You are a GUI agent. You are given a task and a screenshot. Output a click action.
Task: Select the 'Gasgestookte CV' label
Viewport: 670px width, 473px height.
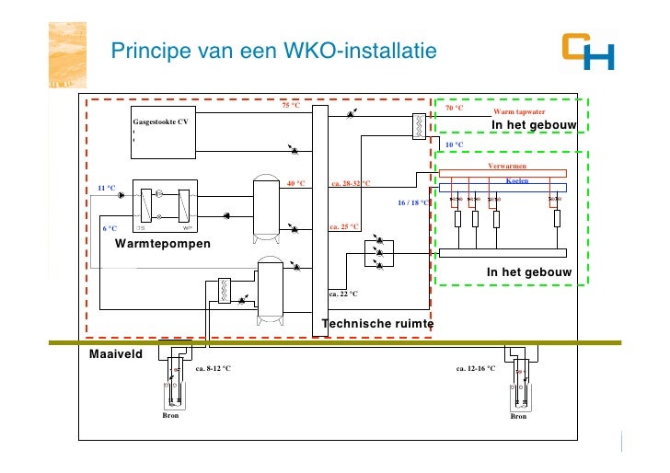coord(161,122)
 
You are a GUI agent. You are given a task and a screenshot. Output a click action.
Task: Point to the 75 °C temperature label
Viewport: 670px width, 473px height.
coord(291,105)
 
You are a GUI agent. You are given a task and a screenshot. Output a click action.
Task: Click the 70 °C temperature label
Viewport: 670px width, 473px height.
coord(454,108)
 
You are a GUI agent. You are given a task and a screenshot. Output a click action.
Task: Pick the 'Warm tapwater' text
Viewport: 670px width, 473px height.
coord(519,111)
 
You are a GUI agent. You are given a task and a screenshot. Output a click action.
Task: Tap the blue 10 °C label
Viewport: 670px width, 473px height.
coord(454,145)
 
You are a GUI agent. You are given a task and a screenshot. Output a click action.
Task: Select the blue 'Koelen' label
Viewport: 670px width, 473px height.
coord(518,180)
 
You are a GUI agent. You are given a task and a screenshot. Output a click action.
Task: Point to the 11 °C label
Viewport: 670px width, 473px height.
coord(108,188)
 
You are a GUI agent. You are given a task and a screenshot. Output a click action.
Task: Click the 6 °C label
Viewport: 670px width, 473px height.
coord(110,227)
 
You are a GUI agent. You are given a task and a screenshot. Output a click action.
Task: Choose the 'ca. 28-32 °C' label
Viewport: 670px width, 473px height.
coord(350,183)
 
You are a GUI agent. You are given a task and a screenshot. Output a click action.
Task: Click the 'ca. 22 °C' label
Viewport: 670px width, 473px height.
coord(343,294)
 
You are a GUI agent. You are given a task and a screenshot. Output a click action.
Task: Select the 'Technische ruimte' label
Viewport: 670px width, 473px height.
coord(377,324)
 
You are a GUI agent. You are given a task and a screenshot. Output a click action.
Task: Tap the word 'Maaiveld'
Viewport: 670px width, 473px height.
coord(115,354)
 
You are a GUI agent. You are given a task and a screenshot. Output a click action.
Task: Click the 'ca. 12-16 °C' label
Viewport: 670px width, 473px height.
coord(476,368)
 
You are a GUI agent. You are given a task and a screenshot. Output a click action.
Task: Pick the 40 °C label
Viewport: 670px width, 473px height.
coord(295,183)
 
